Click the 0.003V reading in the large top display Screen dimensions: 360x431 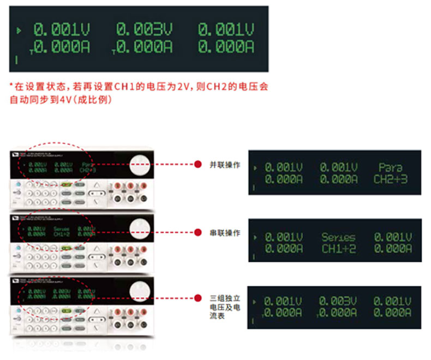(x=144, y=29)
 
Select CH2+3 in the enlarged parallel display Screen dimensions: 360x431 (x=391, y=179)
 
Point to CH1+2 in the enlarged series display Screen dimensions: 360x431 (x=338, y=249)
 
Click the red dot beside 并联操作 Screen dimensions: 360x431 (x=199, y=164)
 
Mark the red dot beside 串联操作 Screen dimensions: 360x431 (x=199, y=233)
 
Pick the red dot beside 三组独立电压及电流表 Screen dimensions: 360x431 (x=199, y=298)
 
